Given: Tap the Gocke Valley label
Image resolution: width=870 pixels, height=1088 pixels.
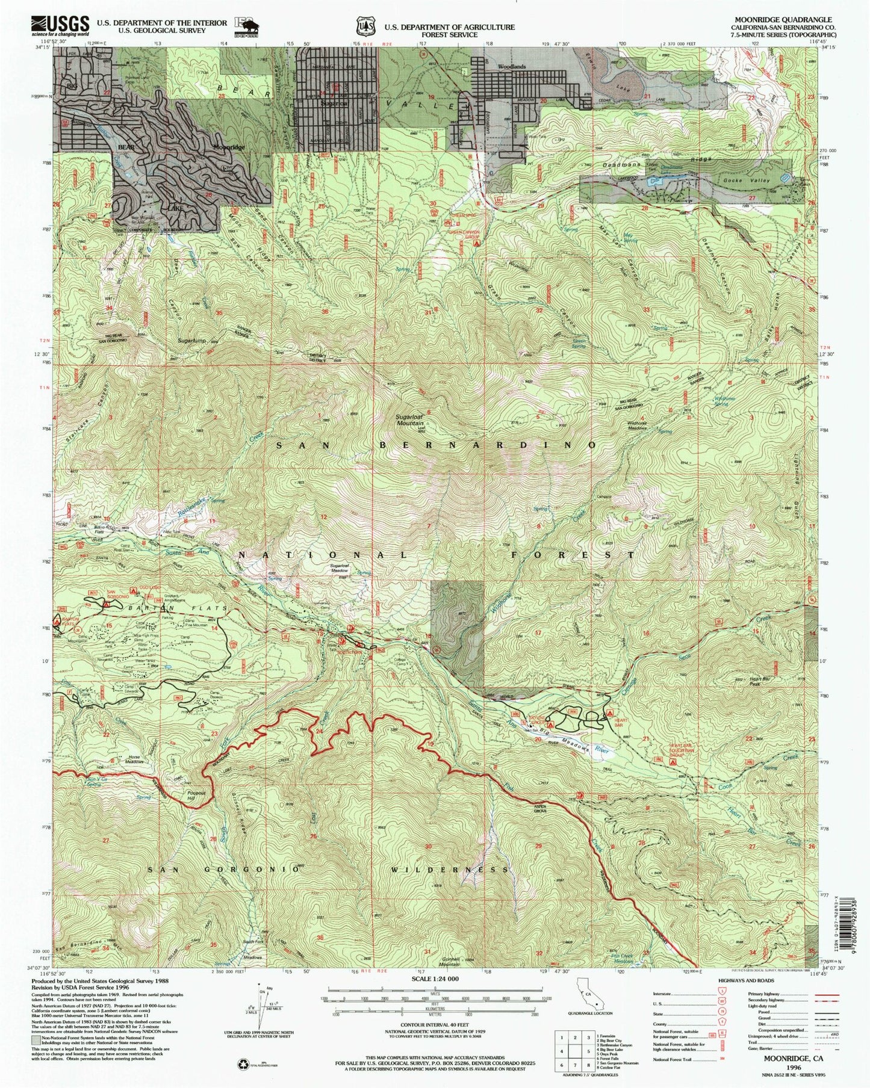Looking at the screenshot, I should (x=747, y=181).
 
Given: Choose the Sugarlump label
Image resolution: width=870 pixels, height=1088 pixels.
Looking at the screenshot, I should (x=191, y=340).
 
